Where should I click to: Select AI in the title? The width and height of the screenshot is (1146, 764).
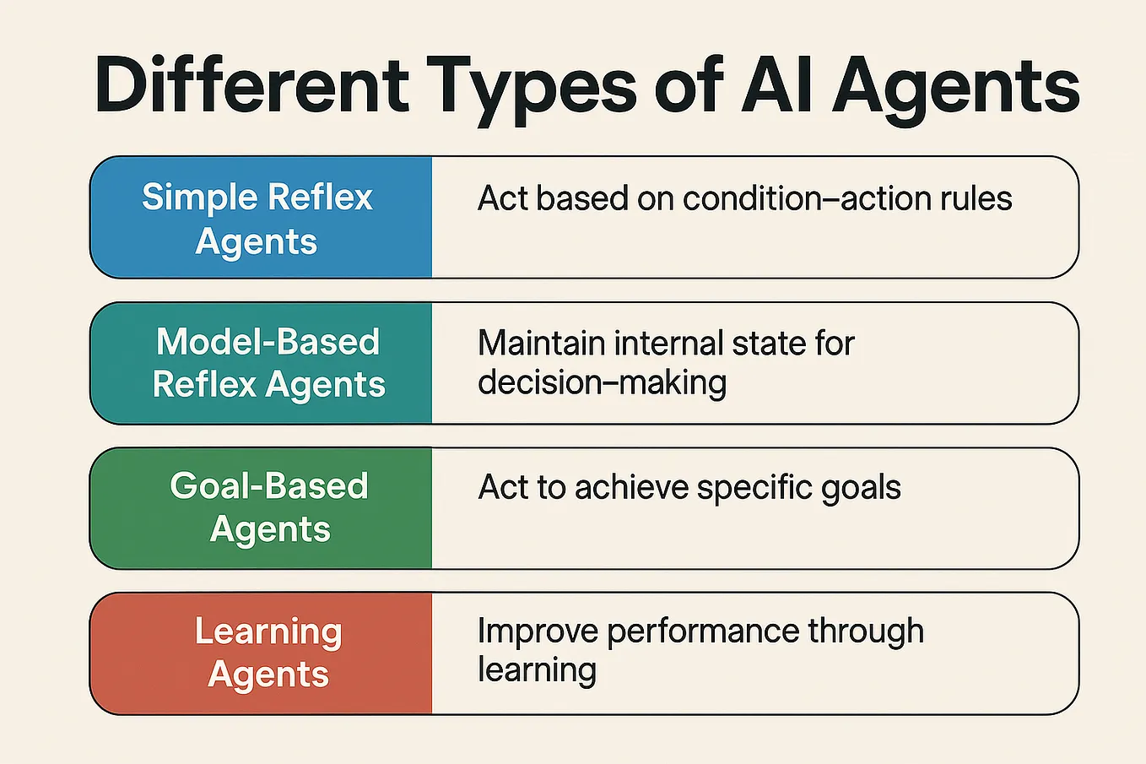click(776, 85)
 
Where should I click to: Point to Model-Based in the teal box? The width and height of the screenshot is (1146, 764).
click(268, 342)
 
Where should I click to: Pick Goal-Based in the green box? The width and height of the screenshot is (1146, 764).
click(269, 486)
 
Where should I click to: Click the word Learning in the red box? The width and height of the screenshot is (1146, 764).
click(268, 631)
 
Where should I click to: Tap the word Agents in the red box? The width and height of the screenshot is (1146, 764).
click(268, 675)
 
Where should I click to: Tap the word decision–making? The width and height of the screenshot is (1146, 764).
click(602, 382)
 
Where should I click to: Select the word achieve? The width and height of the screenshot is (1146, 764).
click(631, 488)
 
